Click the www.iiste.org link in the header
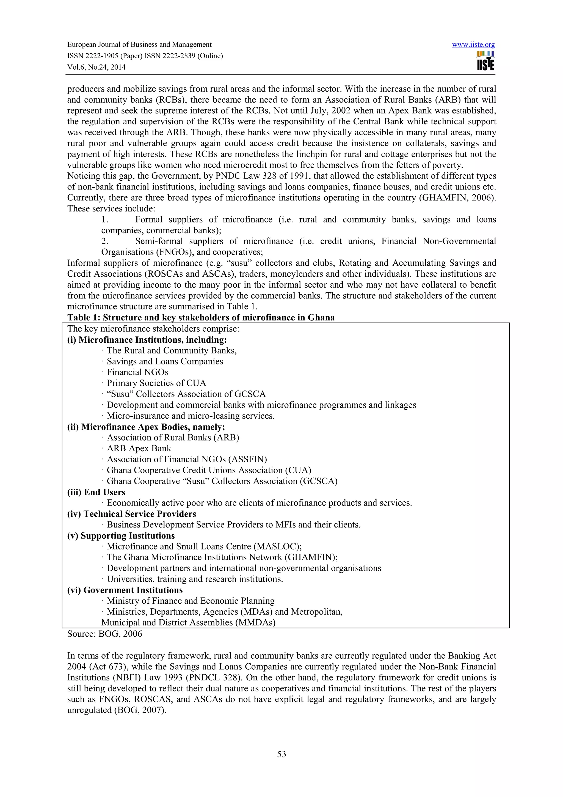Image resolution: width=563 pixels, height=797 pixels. (x=473, y=45)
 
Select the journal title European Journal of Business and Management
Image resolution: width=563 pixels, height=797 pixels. (x=139, y=45)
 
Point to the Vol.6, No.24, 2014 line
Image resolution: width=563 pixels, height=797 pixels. (x=96, y=67)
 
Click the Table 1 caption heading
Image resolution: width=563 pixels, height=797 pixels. (x=201, y=318)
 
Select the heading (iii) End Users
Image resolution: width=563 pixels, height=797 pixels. (x=96, y=492)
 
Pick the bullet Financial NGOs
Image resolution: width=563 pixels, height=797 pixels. (x=137, y=372)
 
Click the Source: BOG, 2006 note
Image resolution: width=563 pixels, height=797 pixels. (x=104, y=634)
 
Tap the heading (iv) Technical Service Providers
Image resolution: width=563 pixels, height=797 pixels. (x=131, y=514)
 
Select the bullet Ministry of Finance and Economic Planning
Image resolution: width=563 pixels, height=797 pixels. (x=191, y=601)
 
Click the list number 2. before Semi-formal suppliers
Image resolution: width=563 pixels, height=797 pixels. (x=105, y=241)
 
